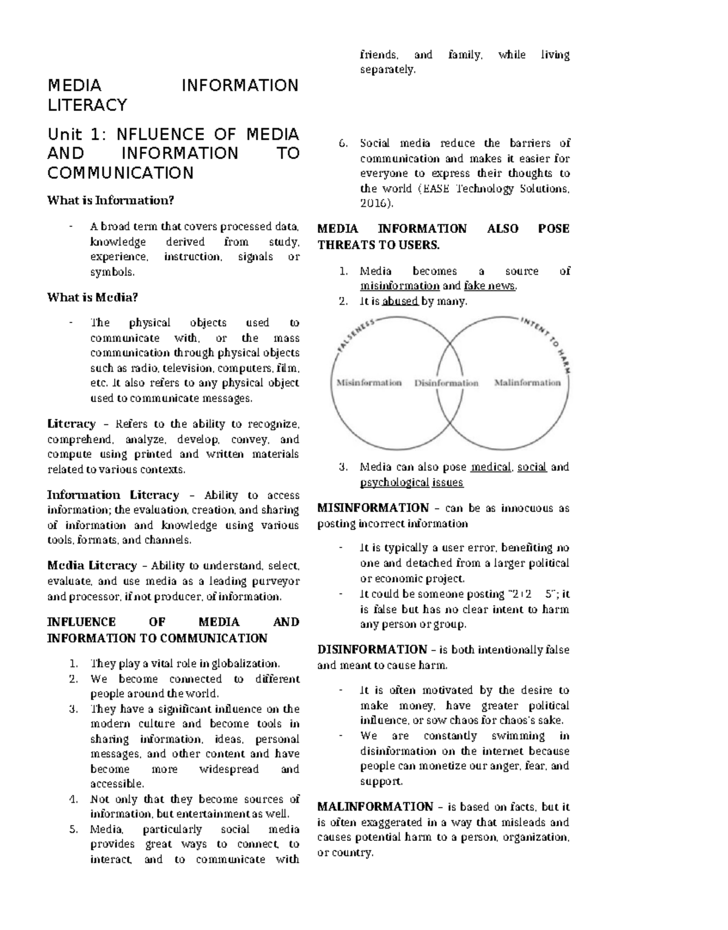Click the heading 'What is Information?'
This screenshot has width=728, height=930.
110,201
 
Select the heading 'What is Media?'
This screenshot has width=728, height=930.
93,298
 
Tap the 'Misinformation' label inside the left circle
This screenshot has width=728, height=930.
369,383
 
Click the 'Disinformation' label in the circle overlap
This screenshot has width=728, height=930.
447,383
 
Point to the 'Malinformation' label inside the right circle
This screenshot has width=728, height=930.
527,383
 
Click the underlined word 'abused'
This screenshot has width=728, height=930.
400,301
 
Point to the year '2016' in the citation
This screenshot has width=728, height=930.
373,204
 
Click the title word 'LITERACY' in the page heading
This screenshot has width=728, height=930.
87,105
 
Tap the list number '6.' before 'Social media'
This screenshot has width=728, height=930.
343,144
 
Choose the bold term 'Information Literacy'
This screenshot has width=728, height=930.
113,495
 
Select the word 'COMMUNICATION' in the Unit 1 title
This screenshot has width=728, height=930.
121,173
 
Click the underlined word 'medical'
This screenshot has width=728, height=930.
491,467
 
